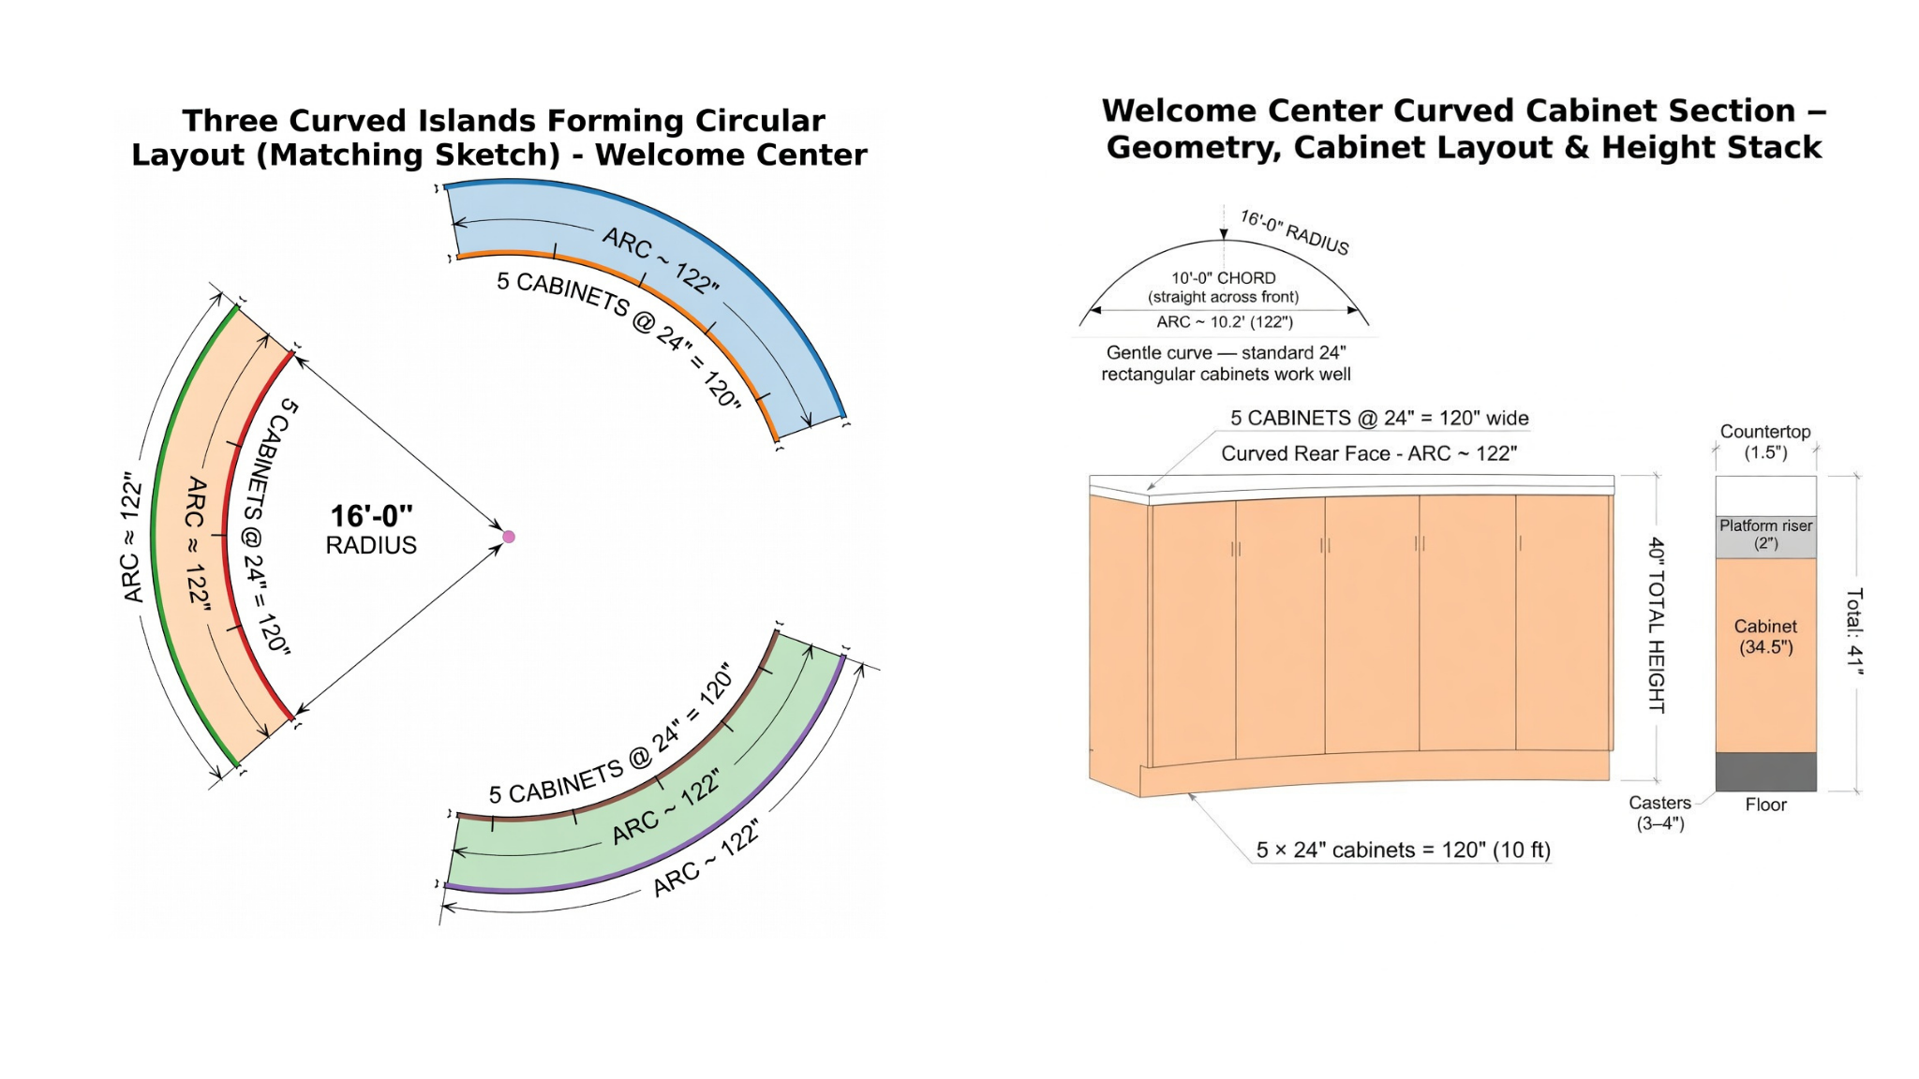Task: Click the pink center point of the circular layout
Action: [509, 537]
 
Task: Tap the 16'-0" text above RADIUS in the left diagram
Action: [371, 516]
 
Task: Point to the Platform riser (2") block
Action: [1765, 536]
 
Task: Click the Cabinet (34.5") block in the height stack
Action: [1765, 637]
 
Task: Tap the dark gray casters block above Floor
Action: [1765, 772]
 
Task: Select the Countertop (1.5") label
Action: [1765, 442]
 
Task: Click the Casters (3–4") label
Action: [1659, 813]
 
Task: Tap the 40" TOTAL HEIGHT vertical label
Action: [1657, 625]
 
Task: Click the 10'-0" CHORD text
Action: [1224, 278]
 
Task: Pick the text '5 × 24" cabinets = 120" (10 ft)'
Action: [1403, 850]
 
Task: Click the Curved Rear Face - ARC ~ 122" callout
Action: [1369, 454]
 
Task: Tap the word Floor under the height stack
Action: [1765, 805]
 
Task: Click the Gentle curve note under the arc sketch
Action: [1226, 363]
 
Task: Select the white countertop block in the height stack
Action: [1765, 495]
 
